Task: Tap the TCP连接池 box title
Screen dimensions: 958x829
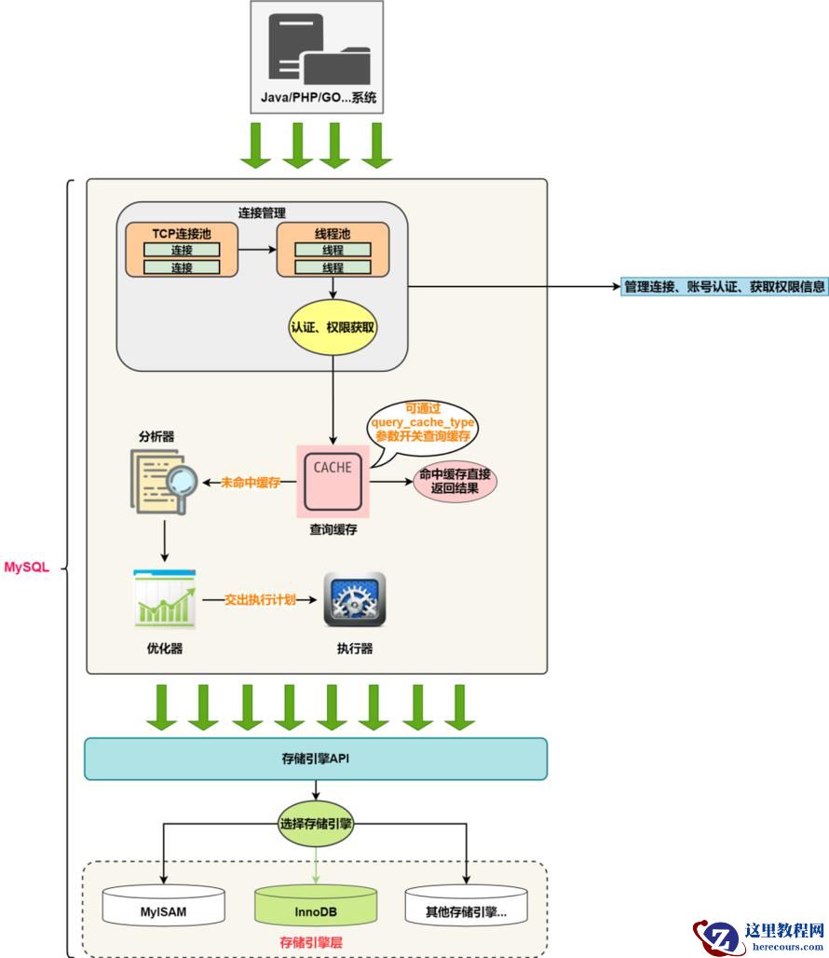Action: pyautogui.click(x=181, y=233)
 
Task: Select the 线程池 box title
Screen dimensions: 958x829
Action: pyautogui.click(x=333, y=233)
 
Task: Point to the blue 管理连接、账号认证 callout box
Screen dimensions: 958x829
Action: pyautogui.click(x=725, y=287)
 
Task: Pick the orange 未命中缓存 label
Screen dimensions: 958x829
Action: pyautogui.click(x=251, y=483)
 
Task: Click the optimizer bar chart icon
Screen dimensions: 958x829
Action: pyautogui.click(x=165, y=598)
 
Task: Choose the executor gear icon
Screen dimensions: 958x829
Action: pyautogui.click(x=354, y=599)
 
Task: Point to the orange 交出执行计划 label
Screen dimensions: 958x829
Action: pyautogui.click(x=260, y=599)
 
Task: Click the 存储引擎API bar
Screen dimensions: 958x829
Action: pyautogui.click(x=315, y=759)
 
